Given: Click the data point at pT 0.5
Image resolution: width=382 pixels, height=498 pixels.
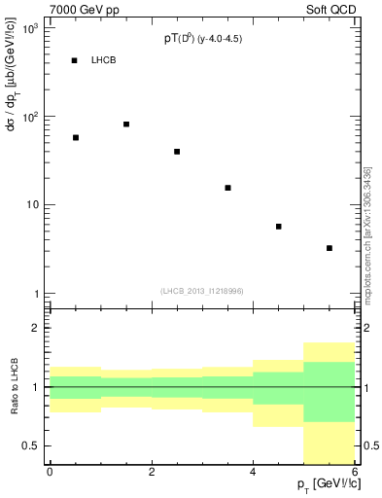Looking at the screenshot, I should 76,138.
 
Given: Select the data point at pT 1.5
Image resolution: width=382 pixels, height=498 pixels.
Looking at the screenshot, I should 126,124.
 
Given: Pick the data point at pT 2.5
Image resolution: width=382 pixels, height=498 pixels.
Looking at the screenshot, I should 177,152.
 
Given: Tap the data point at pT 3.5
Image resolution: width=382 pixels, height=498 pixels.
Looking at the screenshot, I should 227,188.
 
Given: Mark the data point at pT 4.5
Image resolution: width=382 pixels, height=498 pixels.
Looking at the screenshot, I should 278,227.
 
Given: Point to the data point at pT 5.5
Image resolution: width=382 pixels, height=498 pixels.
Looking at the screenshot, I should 330,248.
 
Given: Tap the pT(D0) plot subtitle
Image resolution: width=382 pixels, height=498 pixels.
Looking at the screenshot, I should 204,40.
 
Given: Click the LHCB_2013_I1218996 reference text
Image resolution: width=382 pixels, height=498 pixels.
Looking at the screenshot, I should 202,291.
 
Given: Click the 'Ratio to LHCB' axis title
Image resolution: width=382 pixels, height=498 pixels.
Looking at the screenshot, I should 14,387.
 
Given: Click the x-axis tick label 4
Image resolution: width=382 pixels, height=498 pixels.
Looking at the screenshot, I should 253,473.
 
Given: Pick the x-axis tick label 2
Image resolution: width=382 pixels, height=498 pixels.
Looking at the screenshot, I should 152,473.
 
